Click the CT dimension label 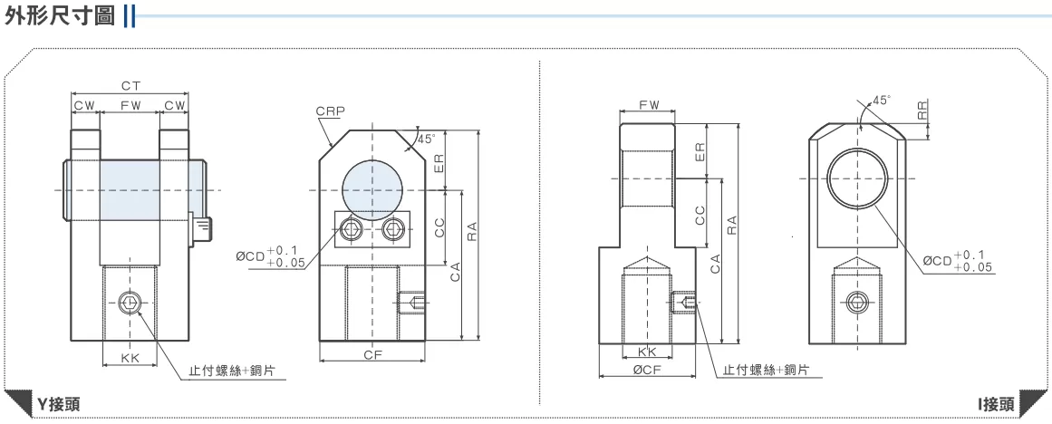130,86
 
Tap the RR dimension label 923,111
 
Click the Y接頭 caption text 58,404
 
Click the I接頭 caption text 996,404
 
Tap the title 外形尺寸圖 60,15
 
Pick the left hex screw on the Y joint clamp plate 351,231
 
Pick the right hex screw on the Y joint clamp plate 393,231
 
